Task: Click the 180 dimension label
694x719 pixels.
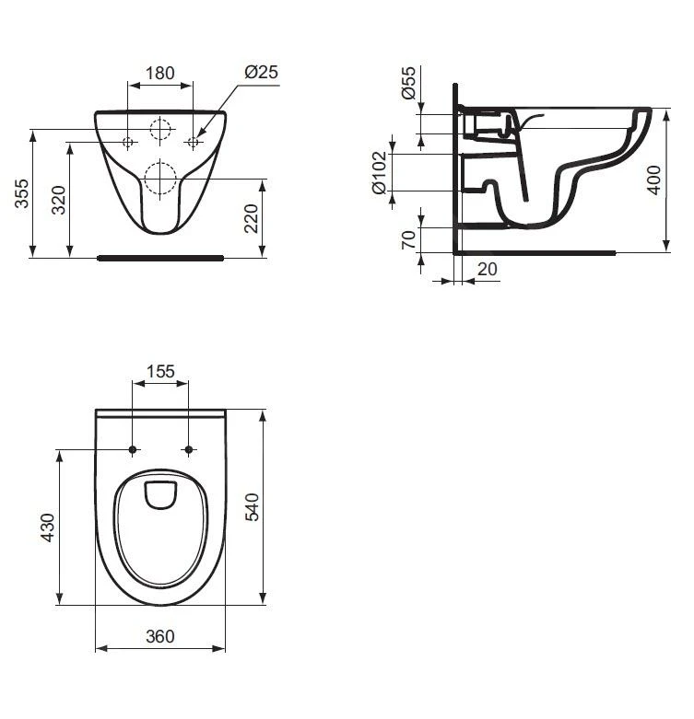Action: [x=160, y=72]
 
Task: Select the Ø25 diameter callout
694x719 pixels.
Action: [x=262, y=72]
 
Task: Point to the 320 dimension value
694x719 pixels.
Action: [x=57, y=200]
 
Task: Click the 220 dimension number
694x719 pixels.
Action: [x=251, y=218]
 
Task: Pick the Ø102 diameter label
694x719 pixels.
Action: [x=379, y=173]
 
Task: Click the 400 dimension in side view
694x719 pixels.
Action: [x=653, y=180]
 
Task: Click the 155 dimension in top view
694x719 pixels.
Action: [x=160, y=372]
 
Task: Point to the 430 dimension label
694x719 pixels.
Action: [x=48, y=528]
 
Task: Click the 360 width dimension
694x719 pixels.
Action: [x=160, y=636]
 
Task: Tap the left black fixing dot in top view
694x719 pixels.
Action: [x=133, y=449]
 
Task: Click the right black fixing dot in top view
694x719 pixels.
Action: [x=189, y=449]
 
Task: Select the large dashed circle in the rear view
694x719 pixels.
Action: [x=160, y=176]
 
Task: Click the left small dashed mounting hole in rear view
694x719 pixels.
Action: [x=128, y=142]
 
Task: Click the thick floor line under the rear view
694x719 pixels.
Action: [x=160, y=258]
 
